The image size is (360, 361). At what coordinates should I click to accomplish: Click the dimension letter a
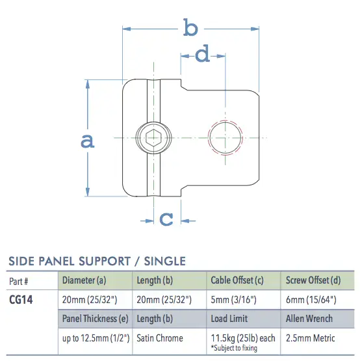[87, 140]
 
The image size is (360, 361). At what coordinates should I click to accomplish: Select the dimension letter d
[203, 55]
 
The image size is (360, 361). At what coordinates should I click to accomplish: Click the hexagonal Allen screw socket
[154, 137]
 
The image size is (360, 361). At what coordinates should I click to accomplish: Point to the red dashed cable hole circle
[225, 138]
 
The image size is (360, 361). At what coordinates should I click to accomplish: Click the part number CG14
[21, 301]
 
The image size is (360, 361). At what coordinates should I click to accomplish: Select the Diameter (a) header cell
[83, 281]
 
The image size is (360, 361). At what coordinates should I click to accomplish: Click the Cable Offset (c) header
[241, 281]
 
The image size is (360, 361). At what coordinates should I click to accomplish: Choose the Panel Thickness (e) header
[96, 319]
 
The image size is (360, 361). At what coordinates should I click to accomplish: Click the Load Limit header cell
[230, 319]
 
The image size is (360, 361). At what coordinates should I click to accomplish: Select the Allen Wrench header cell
[309, 319]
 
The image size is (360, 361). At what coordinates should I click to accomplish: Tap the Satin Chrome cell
[160, 338]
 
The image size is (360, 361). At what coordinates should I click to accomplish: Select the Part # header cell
[19, 281]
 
